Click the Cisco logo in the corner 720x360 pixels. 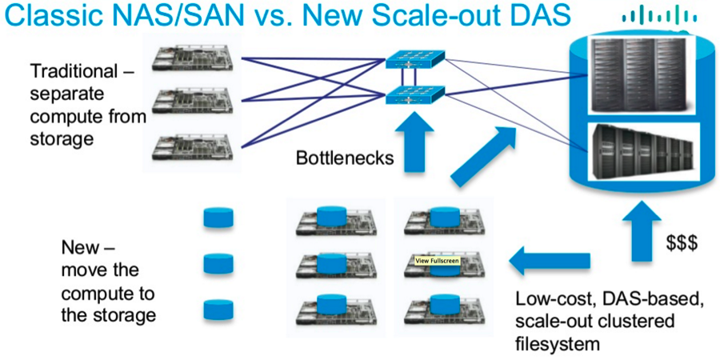click(654, 15)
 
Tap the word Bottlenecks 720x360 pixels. click(345, 158)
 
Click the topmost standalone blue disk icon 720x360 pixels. click(218, 218)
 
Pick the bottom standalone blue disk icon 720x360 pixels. click(218, 309)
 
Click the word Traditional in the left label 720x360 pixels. click(80, 70)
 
